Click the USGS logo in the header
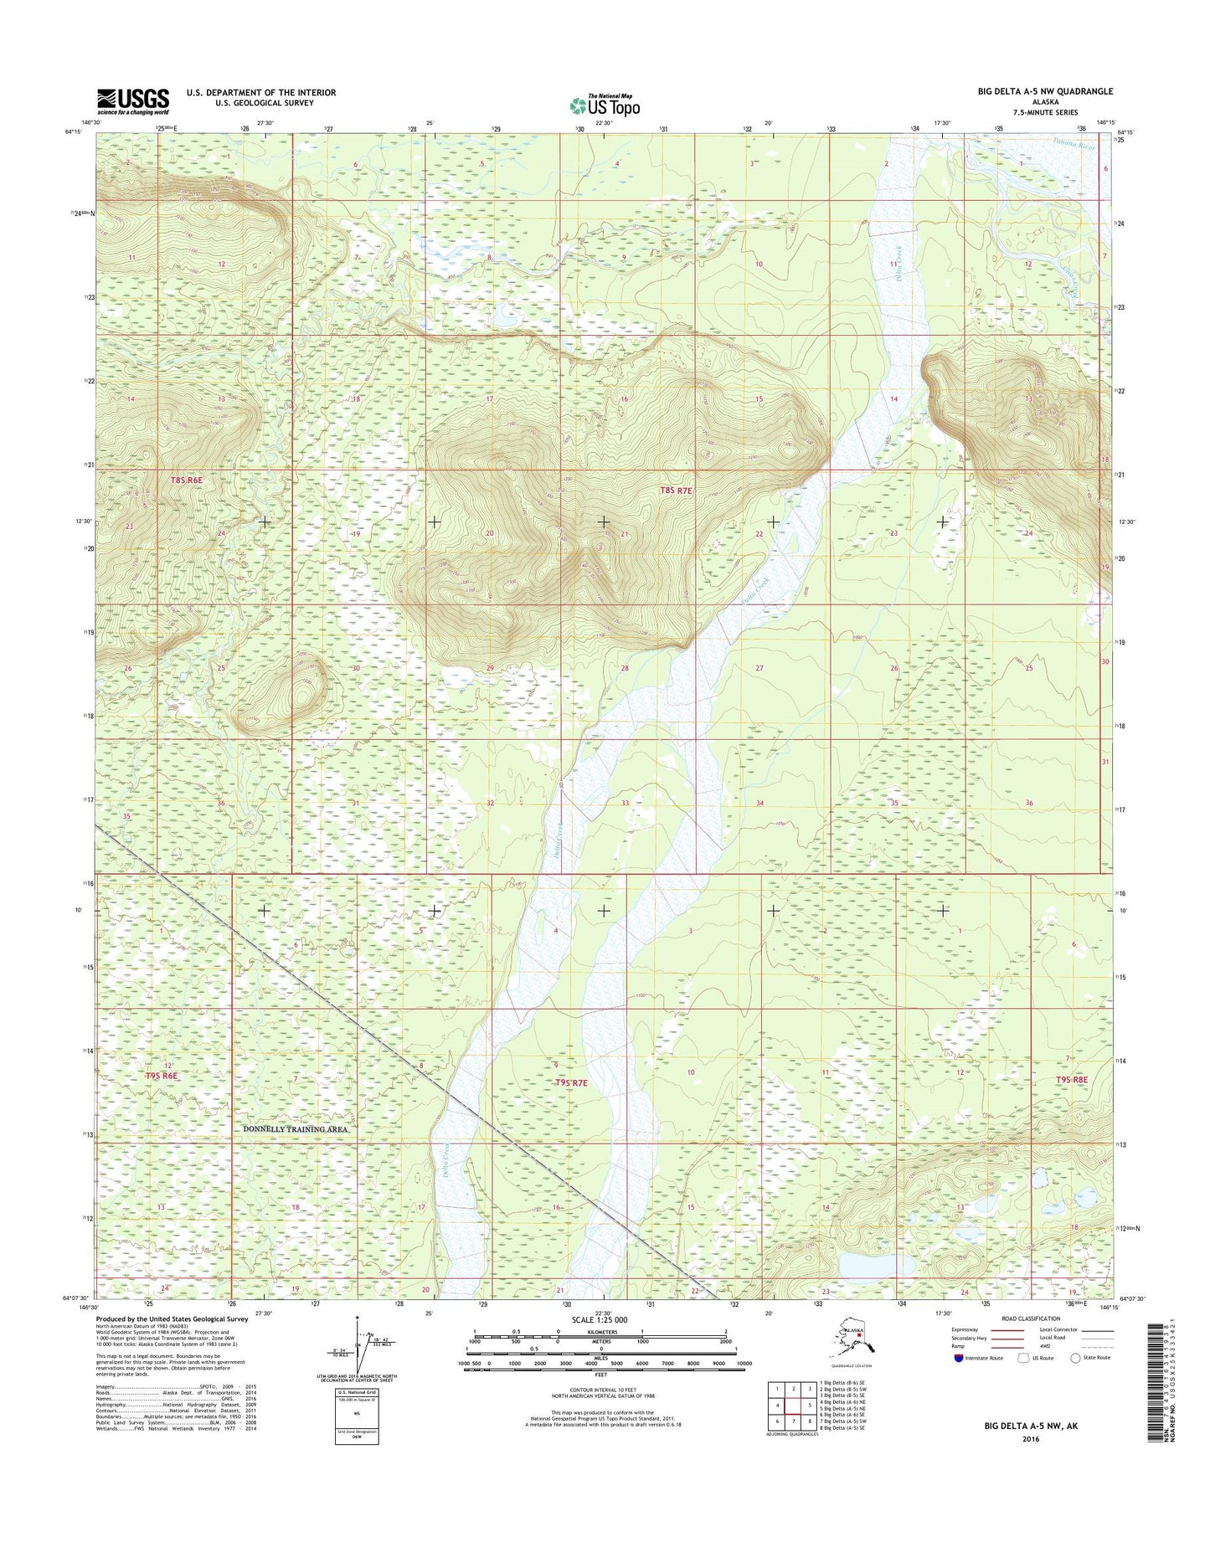(133, 101)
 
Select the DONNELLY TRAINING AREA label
(295, 1129)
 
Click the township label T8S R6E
(187, 481)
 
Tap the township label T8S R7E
(676, 491)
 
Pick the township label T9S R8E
(1071, 1080)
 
